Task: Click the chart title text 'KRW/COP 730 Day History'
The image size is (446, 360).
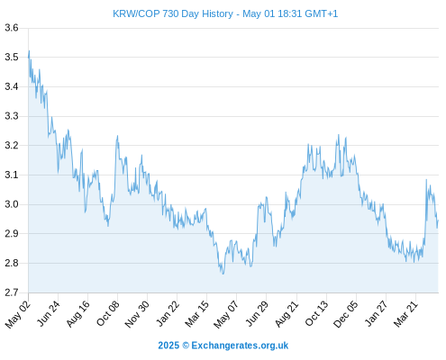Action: (x=173, y=14)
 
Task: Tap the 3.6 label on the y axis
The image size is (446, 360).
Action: (x=12, y=28)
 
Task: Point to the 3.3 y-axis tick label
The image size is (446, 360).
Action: (x=12, y=116)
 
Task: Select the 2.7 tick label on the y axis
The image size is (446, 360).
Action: (x=12, y=292)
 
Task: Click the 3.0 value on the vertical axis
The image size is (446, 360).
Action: (x=12, y=204)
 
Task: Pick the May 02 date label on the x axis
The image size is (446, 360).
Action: (x=18, y=314)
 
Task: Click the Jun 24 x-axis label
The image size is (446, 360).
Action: (x=49, y=313)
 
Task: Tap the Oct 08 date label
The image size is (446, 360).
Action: (x=108, y=313)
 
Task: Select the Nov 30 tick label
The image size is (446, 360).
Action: (x=137, y=314)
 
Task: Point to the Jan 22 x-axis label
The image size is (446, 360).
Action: (x=168, y=313)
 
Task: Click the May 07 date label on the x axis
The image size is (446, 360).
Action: (x=226, y=314)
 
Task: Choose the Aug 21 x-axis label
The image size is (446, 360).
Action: (x=287, y=314)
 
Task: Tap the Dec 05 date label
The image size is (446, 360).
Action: (x=346, y=314)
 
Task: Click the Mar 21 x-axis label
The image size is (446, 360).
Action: (x=405, y=314)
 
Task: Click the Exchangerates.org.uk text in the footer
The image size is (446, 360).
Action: (x=240, y=346)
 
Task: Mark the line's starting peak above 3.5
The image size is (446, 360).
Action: (x=29, y=50)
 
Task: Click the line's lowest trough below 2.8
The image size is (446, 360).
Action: (x=223, y=274)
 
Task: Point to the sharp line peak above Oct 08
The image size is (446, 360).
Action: (x=117, y=136)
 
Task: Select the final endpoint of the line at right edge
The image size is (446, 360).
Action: (x=438, y=220)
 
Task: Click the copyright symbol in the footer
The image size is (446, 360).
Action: (x=186, y=346)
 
